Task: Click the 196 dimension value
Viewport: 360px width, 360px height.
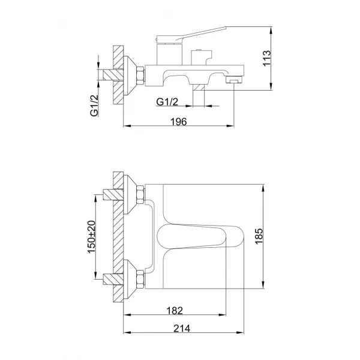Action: [x=178, y=121]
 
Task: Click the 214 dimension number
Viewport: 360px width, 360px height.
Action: [x=178, y=329]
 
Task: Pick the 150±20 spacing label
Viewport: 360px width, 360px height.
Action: [x=92, y=236]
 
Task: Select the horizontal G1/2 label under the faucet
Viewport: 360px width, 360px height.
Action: [x=167, y=102]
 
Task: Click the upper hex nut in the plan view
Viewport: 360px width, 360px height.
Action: [x=140, y=194]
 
